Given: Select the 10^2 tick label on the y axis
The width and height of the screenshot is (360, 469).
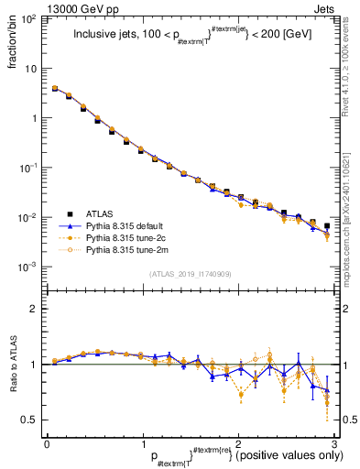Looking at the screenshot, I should coord(30,19).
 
